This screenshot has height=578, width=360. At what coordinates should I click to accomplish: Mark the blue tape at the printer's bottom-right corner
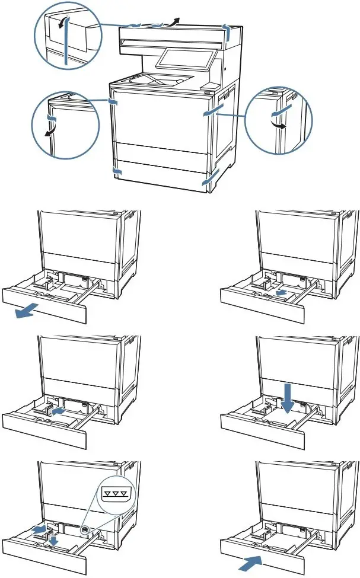click(x=209, y=180)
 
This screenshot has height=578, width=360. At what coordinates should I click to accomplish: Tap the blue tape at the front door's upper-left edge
click(x=113, y=101)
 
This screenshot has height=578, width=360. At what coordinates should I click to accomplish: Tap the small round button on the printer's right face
click(x=225, y=69)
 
